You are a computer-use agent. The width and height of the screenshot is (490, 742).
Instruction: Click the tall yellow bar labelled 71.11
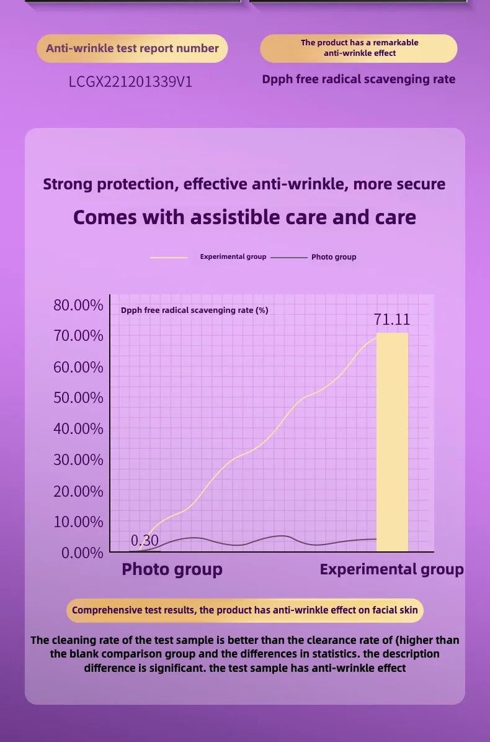click(x=392, y=441)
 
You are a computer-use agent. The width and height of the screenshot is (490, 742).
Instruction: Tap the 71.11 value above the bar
click(x=392, y=319)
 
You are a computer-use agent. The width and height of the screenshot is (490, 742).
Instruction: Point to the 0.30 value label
click(x=145, y=540)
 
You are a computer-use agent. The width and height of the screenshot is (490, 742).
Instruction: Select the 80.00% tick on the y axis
click(x=78, y=305)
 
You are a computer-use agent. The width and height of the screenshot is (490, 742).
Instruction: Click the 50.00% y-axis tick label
click(x=78, y=397)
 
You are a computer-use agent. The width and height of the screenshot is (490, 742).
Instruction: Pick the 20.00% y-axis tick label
click(x=78, y=491)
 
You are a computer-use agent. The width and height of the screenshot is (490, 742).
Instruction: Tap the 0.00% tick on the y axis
click(x=82, y=553)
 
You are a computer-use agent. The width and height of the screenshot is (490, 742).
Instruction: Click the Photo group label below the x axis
click(x=172, y=569)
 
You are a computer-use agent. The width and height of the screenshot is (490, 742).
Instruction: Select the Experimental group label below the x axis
click(x=391, y=569)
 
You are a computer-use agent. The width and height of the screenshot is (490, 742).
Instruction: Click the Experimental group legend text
click(x=233, y=256)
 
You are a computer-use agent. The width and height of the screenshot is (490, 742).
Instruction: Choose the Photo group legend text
click(x=334, y=257)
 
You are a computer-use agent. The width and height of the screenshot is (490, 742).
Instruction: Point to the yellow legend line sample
click(x=169, y=257)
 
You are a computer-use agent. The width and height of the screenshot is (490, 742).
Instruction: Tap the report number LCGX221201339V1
click(x=131, y=81)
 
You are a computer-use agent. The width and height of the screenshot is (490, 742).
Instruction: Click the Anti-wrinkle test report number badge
click(x=132, y=48)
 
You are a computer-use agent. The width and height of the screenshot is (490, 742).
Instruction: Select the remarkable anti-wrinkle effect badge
click(x=359, y=48)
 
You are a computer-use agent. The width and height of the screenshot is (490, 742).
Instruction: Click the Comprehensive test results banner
click(x=245, y=610)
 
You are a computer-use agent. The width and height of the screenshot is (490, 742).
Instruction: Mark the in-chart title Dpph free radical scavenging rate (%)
click(x=195, y=310)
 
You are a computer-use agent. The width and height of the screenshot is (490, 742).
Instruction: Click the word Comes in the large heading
click(x=105, y=217)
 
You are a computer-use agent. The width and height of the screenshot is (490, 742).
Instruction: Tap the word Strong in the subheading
click(x=68, y=184)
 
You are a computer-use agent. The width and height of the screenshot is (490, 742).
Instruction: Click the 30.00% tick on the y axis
click(x=78, y=460)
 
